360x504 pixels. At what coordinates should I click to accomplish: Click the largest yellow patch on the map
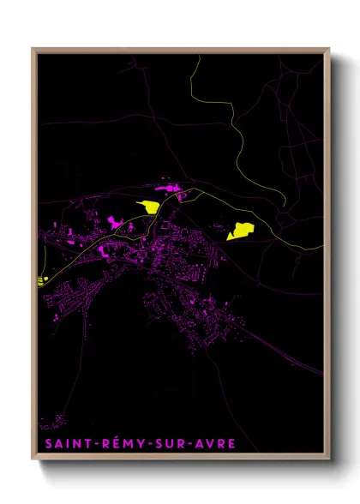[x=241, y=230]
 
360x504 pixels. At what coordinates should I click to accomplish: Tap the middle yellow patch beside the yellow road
[x=149, y=207]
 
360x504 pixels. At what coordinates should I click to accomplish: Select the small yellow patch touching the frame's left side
[x=42, y=279]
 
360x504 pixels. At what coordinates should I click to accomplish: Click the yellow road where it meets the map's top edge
[x=199, y=56]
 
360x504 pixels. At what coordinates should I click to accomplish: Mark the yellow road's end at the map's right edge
[x=322, y=249]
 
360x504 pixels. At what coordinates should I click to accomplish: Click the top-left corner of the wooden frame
[x=33, y=50]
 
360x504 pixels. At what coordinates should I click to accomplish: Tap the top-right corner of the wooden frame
[x=328, y=50]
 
